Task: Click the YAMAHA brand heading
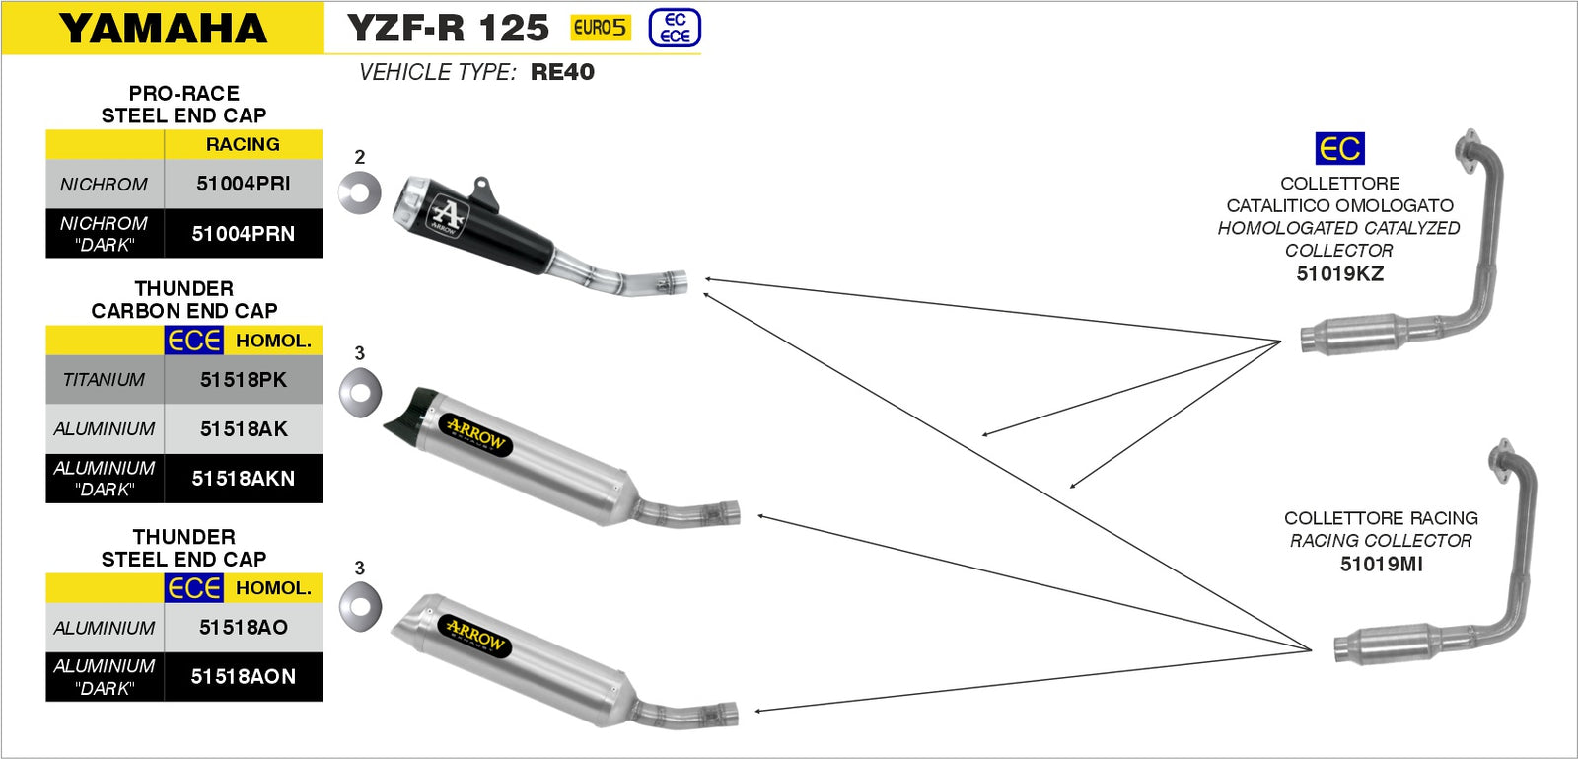pos(163,29)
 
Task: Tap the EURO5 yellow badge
pos(601,28)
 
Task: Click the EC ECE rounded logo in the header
pos(675,29)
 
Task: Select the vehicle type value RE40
pos(562,72)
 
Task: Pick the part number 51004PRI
pos(243,184)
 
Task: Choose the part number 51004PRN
pos(243,234)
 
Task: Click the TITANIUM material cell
pos(104,380)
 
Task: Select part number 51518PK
pos(243,380)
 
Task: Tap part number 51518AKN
pos(243,479)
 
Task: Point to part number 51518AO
pos(243,627)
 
